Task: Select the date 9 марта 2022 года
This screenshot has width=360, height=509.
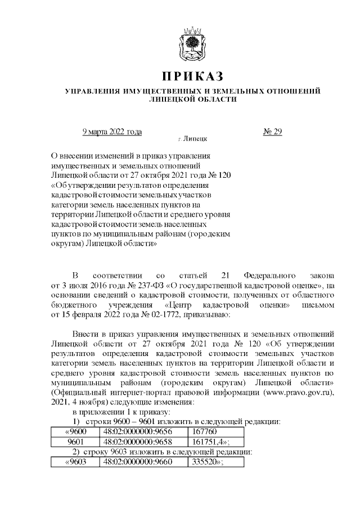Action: (112, 132)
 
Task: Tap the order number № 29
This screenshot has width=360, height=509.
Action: (272, 132)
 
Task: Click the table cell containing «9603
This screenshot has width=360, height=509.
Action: (75, 462)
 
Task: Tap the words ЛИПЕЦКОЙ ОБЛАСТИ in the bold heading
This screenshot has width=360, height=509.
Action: (192, 100)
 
